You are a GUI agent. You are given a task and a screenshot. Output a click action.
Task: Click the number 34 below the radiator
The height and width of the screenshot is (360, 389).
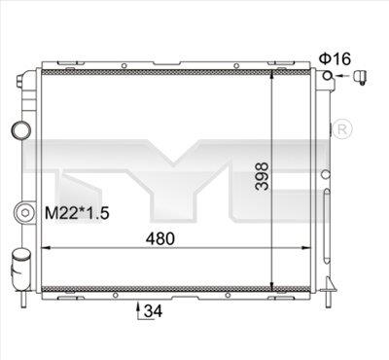click(x=150, y=312)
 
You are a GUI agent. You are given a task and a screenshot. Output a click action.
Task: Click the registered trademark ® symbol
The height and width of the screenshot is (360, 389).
click(x=343, y=129)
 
